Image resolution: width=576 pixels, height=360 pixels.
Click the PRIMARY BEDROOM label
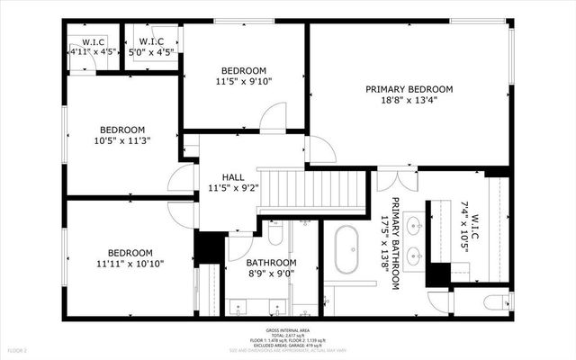(409, 89)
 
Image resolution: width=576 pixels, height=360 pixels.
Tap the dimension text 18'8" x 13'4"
(409, 102)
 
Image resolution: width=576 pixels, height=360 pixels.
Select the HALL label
(234, 177)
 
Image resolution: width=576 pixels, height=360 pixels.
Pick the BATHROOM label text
(271, 263)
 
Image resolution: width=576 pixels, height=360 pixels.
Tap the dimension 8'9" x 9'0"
(271, 274)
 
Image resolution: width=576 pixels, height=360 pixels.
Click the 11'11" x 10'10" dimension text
(130, 265)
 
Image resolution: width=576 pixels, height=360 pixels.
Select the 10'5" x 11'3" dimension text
(122, 140)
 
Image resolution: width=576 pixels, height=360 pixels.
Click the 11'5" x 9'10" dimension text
(245, 81)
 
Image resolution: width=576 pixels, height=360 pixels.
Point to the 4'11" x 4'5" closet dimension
(94, 51)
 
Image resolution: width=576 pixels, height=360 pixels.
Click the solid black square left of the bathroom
(211, 247)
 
